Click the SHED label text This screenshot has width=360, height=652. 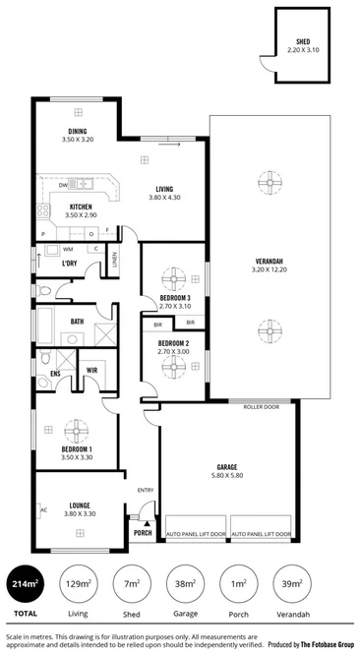[x=303, y=42]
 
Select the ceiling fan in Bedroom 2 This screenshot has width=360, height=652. [x=175, y=367]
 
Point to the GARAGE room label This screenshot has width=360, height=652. [x=228, y=467]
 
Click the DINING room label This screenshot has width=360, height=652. [x=77, y=132]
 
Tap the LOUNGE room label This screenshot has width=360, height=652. [x=80, y=504]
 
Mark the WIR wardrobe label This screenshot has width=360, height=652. [x=92, y=370]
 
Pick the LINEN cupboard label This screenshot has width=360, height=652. [x=115, y=260]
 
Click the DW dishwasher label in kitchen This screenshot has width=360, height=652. [x=62, y=184]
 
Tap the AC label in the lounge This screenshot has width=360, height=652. [x=43, y=509]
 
